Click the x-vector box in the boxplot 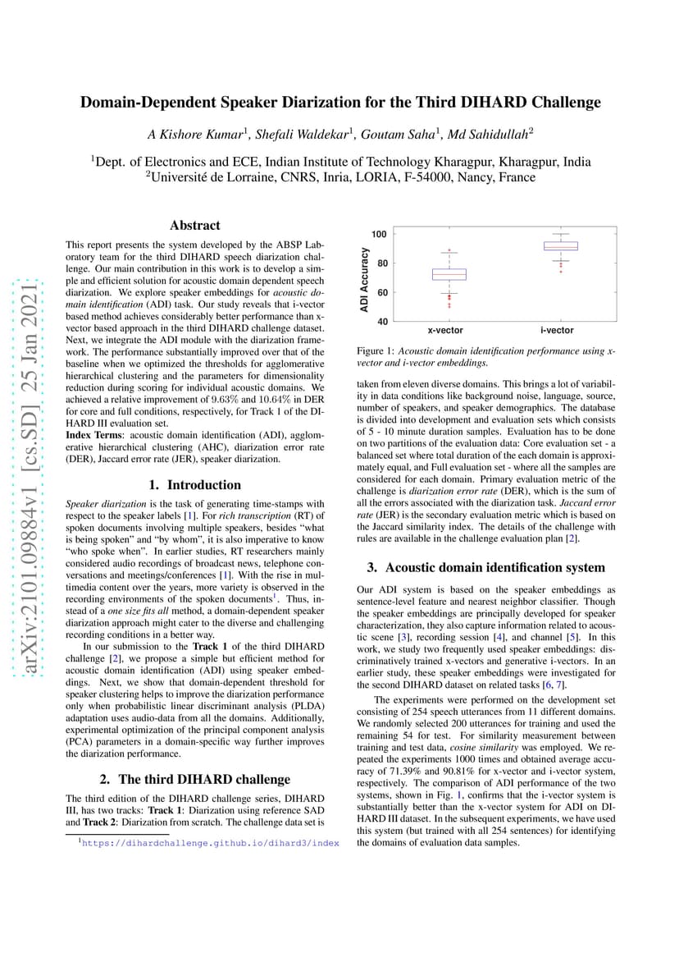click(x=449, y=274)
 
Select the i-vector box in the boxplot click(x=561, y=245)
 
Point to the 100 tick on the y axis click(x=380, y=234)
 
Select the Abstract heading click(x=194, y=225)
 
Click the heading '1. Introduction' click(x=194, y=484)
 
